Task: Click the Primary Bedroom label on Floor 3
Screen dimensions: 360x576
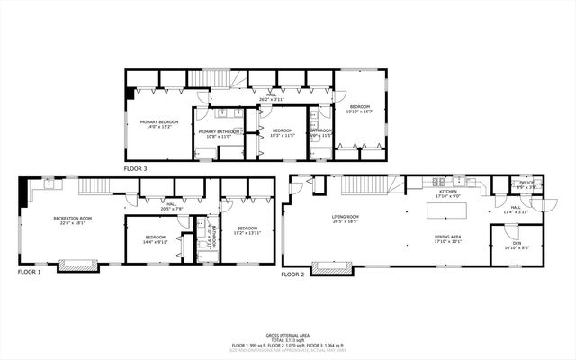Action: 157,124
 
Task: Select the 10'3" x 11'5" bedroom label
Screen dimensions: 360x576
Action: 283,132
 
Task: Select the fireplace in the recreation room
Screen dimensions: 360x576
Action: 73,265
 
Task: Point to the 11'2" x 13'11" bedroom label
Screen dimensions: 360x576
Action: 247,231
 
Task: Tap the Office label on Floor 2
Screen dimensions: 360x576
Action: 526,185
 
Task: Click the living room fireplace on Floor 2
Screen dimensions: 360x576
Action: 341,266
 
